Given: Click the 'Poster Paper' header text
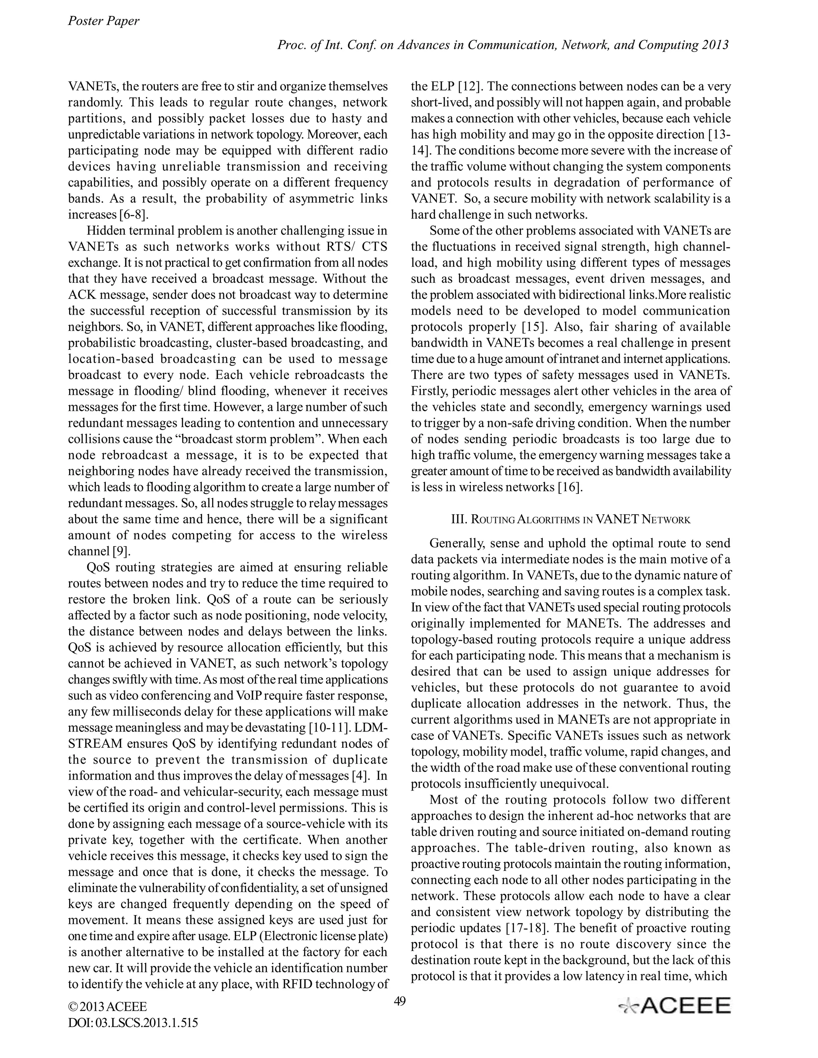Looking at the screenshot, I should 103,21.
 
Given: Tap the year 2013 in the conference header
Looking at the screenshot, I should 714,45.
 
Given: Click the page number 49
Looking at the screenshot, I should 400,1001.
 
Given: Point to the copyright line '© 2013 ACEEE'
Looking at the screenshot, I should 107,1007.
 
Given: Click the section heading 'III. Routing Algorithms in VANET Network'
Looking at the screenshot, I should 570,520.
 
